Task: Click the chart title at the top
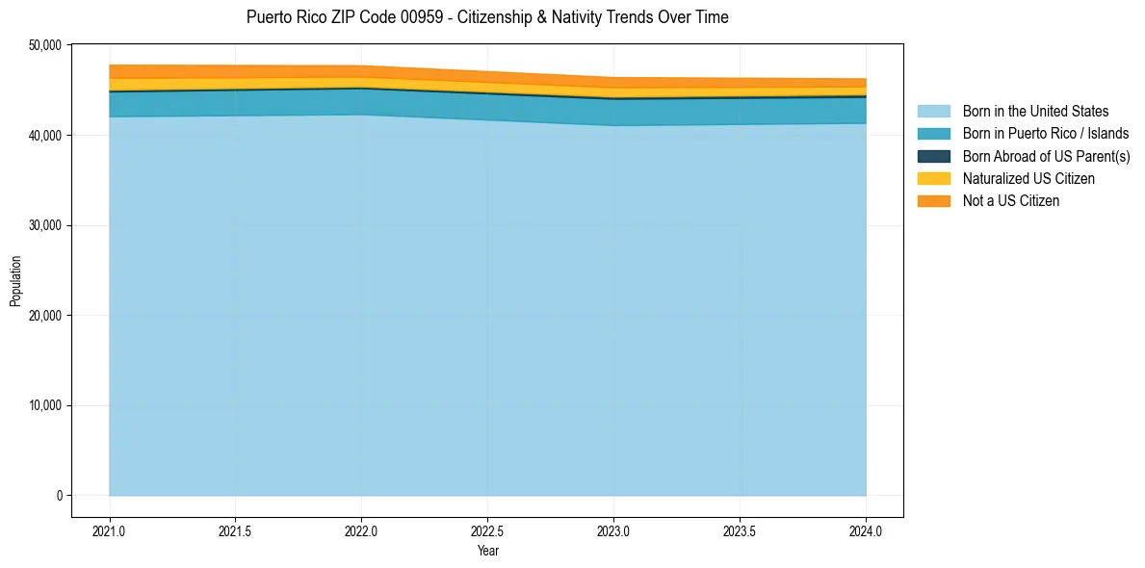point(487,17)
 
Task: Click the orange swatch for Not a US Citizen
point(933,201)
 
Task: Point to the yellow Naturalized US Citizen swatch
point(933,179)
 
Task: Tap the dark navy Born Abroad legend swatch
point(933,156)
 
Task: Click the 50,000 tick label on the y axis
point(43,45)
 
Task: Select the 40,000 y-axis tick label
point(43,136)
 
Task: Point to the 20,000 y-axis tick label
point(43,316)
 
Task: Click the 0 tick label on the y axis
point(59,496)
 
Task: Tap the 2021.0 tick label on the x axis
point(110,531)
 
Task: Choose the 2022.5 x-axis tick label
point(487,531)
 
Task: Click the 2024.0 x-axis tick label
point(866,531)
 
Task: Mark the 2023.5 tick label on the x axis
point(740,531)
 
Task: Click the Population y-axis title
point(15,281)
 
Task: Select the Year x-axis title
point(487,552)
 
